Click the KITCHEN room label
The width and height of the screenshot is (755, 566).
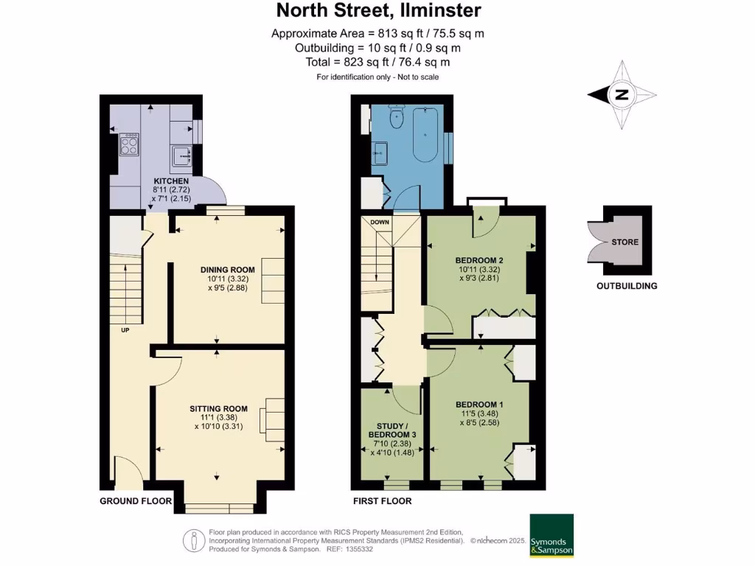[x=171, y=181]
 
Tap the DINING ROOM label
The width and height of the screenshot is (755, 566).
[x=227, y=269]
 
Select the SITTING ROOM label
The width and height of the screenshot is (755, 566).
[x=218, y=408]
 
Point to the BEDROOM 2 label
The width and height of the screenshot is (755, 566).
[x=479, y=260]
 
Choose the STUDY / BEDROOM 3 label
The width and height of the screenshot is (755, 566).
[x=392, y=430]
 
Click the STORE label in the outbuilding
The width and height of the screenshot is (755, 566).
[x=624, y=242]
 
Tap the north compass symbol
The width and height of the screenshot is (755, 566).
[x=622, y=94]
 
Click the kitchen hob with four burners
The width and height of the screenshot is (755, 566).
[x=128, y=144]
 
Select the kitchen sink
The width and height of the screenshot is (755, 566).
[x=181, y=155]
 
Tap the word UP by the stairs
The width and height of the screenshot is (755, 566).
[x=125, y=329]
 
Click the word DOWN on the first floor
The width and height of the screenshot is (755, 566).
[x=380, y=222]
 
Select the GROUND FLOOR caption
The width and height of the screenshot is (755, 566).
[x=136, y=501]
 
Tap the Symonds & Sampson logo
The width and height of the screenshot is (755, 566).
[x=552, y=535]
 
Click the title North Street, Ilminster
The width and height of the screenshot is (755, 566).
[x=378, y=10]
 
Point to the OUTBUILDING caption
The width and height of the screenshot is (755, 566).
[x=627, y=286]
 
